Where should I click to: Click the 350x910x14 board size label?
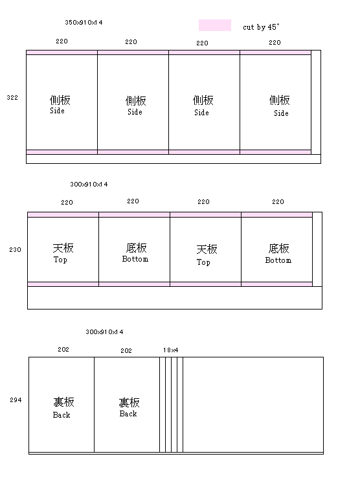coord(84,23)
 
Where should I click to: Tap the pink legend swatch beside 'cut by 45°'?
coord(215,25)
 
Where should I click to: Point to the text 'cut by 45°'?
coord(261,27)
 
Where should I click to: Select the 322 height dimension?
coord(12,97)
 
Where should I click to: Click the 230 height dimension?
coord(15,249)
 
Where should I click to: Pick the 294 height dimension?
coord(16,400)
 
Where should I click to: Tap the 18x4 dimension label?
coord(170,350)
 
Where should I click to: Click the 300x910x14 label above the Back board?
coord(104,332)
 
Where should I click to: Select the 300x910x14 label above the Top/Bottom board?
coord(89,184)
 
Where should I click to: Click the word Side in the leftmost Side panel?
coord(57,111)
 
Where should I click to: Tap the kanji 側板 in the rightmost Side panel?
coord(279,100)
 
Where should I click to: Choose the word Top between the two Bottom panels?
coord(203,262)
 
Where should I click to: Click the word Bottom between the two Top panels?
coord(135,259)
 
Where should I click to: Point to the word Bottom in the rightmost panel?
coord(278,260)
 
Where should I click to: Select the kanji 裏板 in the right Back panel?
coord(129,403)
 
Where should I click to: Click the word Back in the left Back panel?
coord(62,415)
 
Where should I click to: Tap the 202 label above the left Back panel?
coord(63,349)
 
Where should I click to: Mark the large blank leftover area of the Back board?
coord(253,405)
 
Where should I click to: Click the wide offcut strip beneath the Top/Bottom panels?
coord(175,298)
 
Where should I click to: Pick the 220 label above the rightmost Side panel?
coord(275,42)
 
